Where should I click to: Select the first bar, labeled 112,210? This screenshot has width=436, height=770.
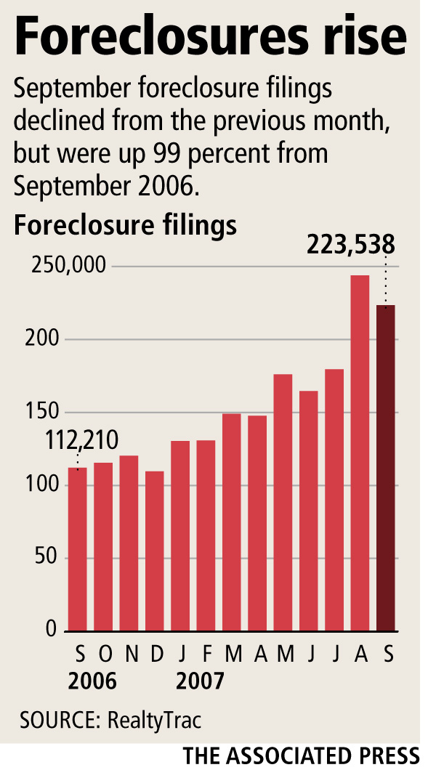click(77, 548)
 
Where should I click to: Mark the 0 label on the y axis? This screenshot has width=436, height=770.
click(51, 631)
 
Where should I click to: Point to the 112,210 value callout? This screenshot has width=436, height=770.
click(82, 441)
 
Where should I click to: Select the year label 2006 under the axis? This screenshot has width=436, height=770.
click(92, 682)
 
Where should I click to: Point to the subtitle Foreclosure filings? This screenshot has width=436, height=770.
click(125, 225)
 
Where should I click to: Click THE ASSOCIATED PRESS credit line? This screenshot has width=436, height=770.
click(302, 754)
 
